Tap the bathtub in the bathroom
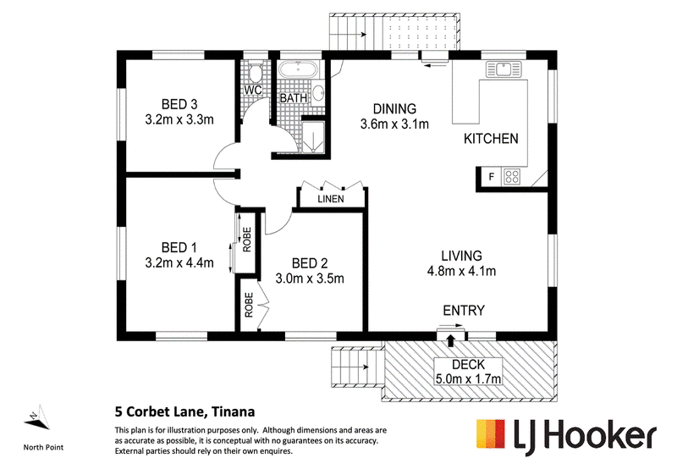coord(298,69)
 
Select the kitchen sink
coord(504,69)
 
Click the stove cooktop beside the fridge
coord(512,176)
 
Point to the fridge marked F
coord(492,177)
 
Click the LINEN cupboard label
coord(331,199)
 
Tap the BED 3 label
coord(179,104)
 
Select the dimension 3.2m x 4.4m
coord(179,262)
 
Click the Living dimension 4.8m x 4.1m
coord(461,271)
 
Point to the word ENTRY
coord(464,310)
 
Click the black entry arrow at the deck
coord(451,339)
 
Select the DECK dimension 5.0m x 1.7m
coord(469,379)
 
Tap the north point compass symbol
coord(36,418)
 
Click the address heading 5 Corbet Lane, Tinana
coord(184,411)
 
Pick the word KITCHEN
coord(491,139)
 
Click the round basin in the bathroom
coord(318,93)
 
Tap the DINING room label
coord(394,108)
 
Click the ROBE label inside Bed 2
coord(249,305)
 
